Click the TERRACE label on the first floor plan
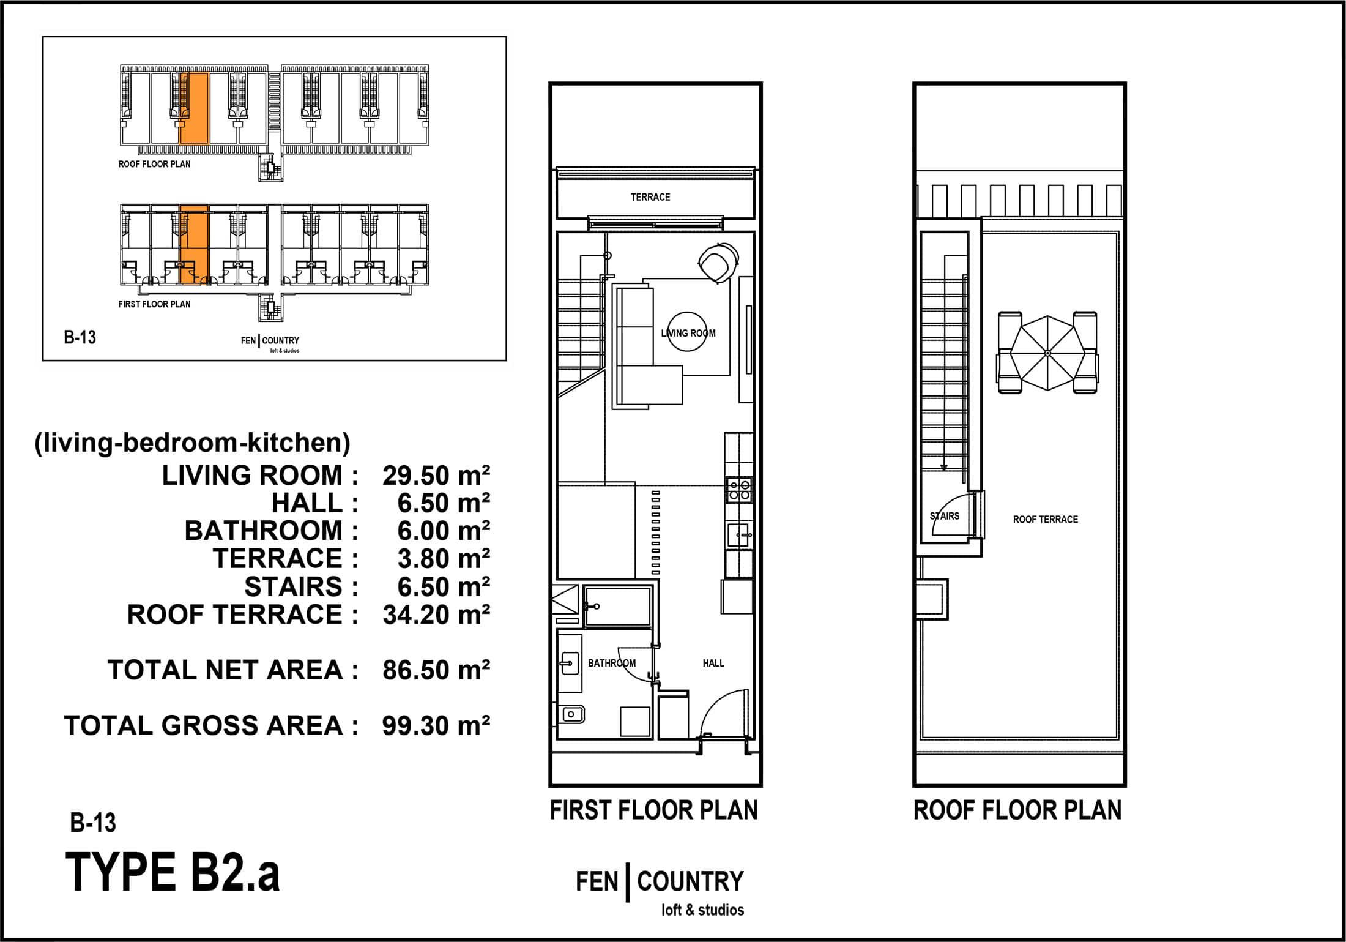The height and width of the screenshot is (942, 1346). click(650, 197)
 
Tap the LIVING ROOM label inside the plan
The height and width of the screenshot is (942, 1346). click(688, 334)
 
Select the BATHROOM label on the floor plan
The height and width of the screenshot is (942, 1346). click(611, 663)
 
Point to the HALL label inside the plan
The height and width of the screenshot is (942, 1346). click(713, 663)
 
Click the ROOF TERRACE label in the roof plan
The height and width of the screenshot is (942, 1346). click(1046, 520)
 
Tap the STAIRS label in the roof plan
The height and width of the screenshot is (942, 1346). click(945, 516)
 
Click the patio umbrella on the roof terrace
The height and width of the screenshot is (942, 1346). click(1047, 353)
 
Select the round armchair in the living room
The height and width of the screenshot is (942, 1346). click(718, 262)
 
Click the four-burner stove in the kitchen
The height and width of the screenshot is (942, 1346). click(739, 490)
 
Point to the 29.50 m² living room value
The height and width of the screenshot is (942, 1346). click(436, 476)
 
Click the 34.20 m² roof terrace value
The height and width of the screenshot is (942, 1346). click(436, 615)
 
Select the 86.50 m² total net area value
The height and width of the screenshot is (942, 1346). click(436, 670)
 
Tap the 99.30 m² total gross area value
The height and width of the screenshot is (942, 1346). click(436, 725)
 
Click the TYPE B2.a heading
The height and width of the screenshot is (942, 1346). click(173, 872)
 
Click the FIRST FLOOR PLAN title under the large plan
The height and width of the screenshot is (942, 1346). click(653, 810)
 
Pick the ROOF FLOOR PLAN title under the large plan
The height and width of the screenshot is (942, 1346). click(1017, 810)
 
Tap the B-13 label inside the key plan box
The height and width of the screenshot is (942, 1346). click(80, 337)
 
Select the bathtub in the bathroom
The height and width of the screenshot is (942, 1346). click(617, 607)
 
